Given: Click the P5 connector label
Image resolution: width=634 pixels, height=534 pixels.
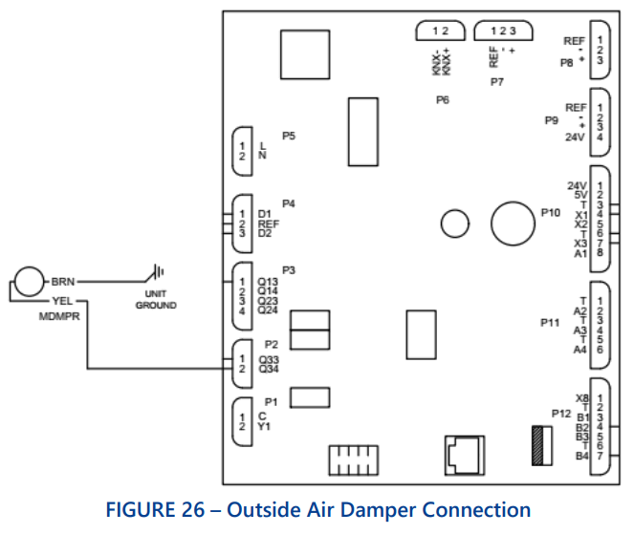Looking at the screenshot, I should [x=288, y=137].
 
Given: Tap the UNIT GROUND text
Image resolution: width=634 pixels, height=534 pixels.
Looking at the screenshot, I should [x=156, y=300].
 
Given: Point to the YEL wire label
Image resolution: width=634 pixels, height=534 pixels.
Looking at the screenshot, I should [x=62, y=298].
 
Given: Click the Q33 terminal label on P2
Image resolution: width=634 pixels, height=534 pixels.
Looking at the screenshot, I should [x=268, y=359].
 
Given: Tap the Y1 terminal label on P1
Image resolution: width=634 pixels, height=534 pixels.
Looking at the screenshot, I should [x=264, y=427].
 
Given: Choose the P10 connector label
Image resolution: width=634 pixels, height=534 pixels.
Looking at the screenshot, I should [x=550, y=213].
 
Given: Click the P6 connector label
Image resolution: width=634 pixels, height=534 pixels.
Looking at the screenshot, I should [x=442, y=99].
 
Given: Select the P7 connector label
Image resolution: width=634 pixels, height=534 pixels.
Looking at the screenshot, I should [x=496, y=83].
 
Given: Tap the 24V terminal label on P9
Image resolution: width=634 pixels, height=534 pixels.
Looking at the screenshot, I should [x=574, y=137].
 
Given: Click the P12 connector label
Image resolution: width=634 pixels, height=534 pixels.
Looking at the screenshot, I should [x=561, y=413].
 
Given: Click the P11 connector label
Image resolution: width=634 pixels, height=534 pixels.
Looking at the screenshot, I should [x=550, y=323].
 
